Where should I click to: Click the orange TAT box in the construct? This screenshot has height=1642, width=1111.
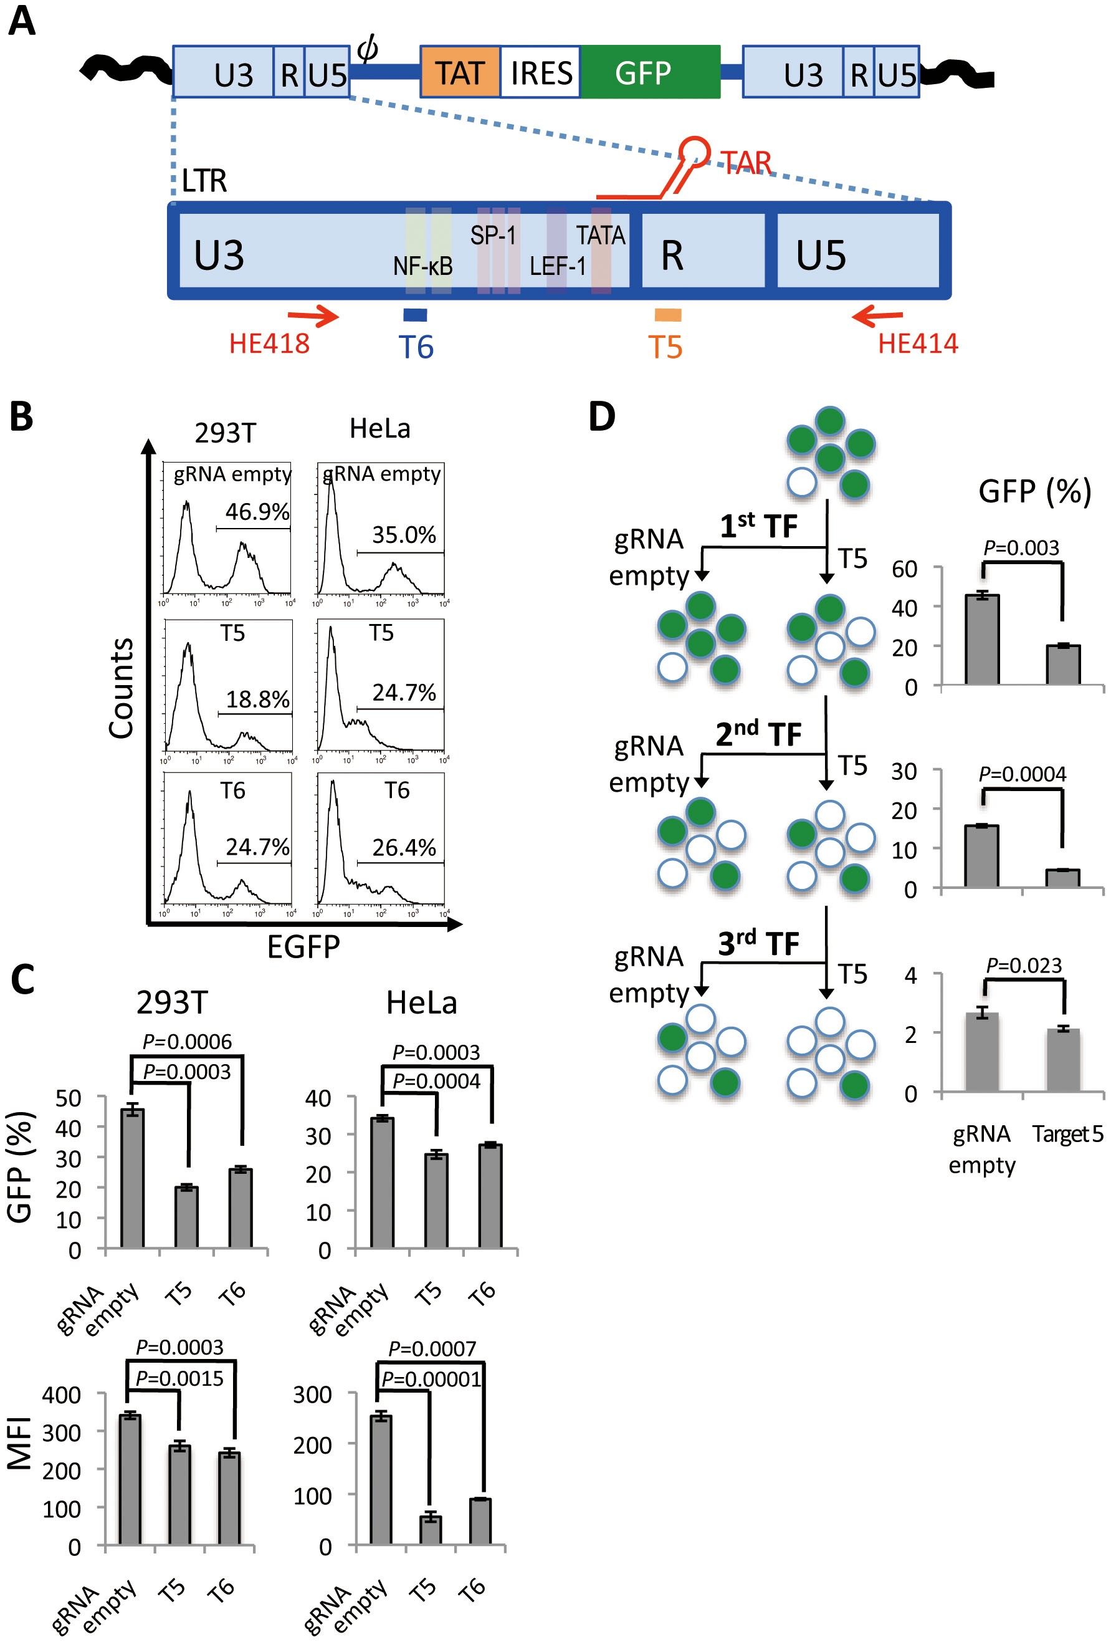pyautogui.click(x=460, y=73)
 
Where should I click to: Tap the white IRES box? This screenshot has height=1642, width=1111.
pyautogui.click(x=540, y=73)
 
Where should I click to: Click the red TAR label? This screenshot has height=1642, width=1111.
pyautogui.click(x=746, y=163)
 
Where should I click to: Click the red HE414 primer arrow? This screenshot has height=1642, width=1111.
pyautogui.click(x=877, y=316)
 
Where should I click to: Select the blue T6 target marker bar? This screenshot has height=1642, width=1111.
pyautogui.click(x=414, y=315)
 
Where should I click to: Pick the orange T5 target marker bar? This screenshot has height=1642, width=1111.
pyautogui.click(x=667, y=314)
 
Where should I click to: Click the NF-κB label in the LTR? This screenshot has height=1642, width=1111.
pyautogui.click(x=422, y=266)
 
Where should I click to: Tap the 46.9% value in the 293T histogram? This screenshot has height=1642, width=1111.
pyautogui.click(x=257, y=512)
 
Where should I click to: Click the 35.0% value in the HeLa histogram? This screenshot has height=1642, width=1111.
pyautogui.click(x=404, y=535)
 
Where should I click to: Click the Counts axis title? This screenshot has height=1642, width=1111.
pyautogui.click(x=122, y=688)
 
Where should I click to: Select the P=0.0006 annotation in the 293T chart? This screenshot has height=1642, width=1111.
pyautogui.click(x=186, y=1042)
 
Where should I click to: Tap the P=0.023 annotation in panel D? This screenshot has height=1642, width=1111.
pyautogui.click(x=1023, y=965)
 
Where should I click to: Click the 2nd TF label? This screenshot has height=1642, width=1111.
pyautogui.click(x=758, y=735)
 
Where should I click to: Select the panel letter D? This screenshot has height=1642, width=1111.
pyautogui.click(x=601, y=417)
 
